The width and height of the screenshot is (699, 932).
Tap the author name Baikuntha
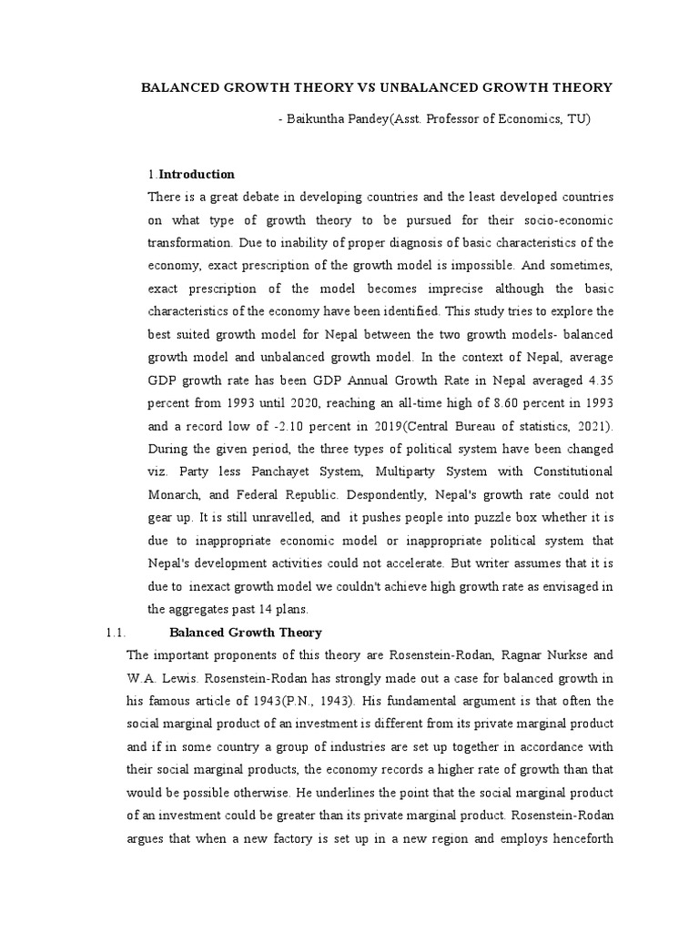(x=319, y=119)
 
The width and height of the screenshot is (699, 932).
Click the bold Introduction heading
(x=198, y=174)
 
